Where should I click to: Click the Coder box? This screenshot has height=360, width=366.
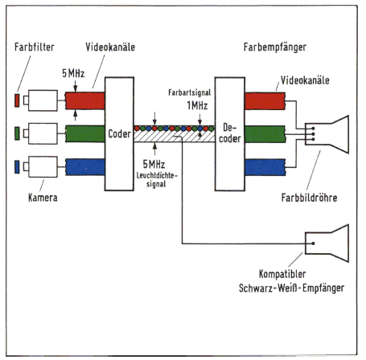point(119,134)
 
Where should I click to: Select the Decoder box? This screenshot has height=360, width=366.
point(230,134)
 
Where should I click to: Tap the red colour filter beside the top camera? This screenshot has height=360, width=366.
point(17,100)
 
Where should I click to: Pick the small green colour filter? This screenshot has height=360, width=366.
point(17,133)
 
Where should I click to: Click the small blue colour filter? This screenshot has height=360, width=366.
point(17,166)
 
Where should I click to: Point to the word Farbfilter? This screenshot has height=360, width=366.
point(35,47)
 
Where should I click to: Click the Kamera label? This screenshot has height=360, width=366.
point(43,198)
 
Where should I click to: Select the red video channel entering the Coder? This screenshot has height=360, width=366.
point(85,100)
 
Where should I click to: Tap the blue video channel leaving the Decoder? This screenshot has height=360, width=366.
point(265,167)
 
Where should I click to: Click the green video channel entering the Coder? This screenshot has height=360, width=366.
point(85,133)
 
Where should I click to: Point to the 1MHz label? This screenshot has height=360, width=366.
point(197,105)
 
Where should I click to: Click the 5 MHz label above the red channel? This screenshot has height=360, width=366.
point(73,73)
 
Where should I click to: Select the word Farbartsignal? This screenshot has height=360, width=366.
point(190,92)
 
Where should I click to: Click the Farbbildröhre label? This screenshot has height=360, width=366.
point(309,198)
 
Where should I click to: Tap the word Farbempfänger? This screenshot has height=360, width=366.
point(275,47)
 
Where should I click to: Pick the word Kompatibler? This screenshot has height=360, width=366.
point(282,274)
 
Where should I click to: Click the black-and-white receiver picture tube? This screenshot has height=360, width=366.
point(327,243)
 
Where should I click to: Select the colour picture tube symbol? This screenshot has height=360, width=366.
point(327,134)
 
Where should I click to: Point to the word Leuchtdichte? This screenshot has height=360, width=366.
point(157,176)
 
